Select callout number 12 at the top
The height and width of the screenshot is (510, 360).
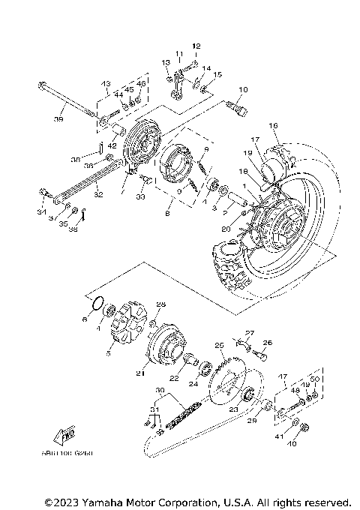(196, 46)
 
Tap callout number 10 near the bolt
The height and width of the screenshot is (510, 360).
(242, 90)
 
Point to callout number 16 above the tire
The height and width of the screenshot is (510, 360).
(274, 125)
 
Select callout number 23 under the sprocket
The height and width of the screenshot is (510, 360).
(233, 409)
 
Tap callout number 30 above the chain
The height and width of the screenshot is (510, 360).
(160, 391)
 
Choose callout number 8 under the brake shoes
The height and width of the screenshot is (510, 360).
(167, 213)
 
